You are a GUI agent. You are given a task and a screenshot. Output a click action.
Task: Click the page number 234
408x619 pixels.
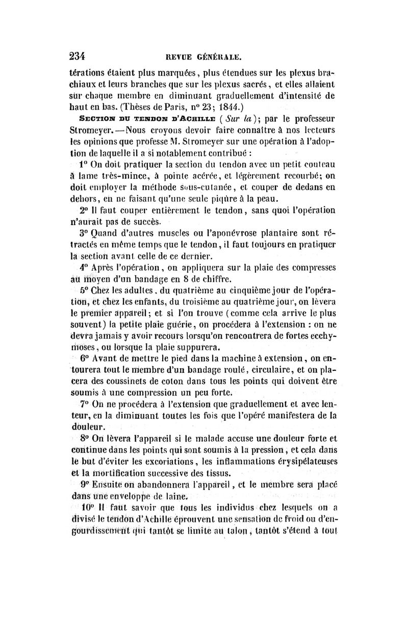(80, 55)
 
